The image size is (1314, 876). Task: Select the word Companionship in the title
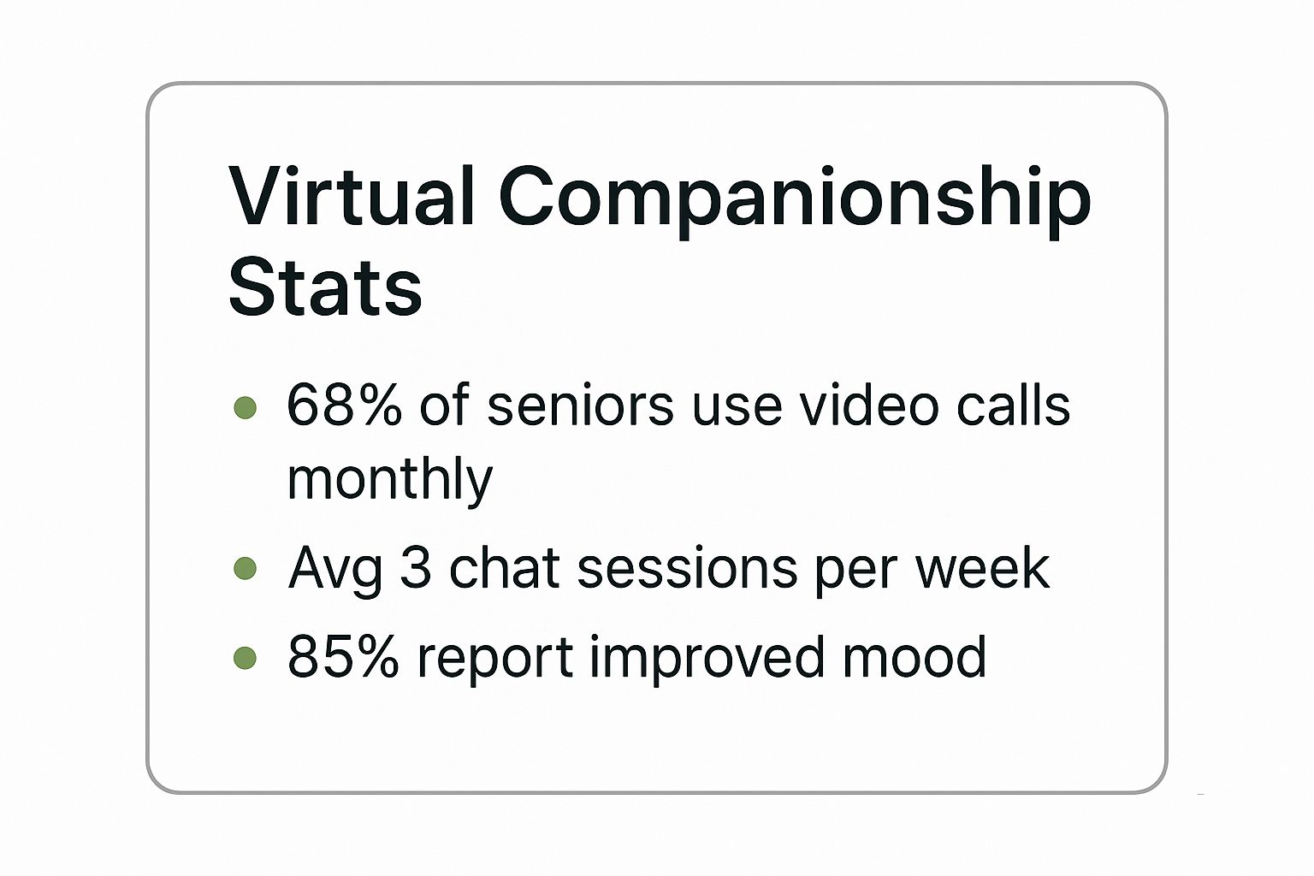(796, 202)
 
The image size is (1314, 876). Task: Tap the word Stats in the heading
(325, 287)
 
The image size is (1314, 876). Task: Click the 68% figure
(345, 405)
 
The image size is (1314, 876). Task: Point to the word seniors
(580, 406)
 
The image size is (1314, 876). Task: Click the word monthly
(389, 480)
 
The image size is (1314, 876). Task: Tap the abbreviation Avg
(335, 571)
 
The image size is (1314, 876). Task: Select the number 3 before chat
(416, 567)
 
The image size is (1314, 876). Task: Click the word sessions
(687, 568)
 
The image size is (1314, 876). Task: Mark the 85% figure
(343, 656)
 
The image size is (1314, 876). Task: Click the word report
(494, 660)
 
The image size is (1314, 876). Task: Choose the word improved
(707, 659)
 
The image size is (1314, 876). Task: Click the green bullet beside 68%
(246, 407)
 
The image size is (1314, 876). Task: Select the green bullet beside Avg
(246, 568)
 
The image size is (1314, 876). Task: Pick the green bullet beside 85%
(246, 658)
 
